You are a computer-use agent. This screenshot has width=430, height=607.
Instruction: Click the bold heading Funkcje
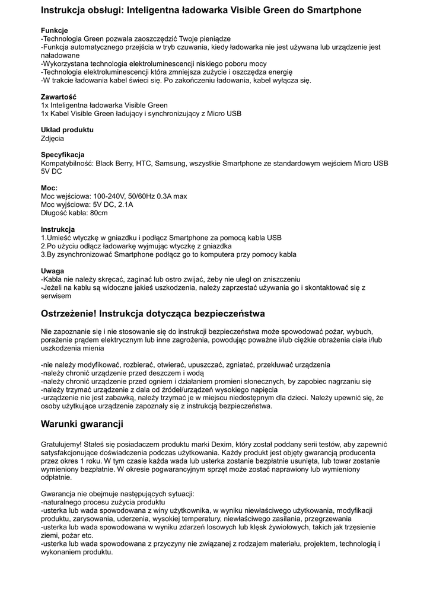tap(54, 30)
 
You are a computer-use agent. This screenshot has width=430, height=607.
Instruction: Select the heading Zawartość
tap(58, 97)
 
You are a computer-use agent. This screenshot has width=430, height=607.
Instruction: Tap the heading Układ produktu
tap(67, 130)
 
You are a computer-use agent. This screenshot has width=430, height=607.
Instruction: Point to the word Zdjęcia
tap(52, 138)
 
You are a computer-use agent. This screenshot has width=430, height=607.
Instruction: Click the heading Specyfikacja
tap(62, 155)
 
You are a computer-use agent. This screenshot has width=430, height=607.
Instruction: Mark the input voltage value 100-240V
tap(109, 196)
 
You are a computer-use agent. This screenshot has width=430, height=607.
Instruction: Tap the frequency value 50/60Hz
tap(145, 196)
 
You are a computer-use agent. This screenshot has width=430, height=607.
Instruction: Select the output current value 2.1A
tap(125, 205)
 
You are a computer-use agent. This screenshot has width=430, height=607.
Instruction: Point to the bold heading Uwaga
tap(52, 271)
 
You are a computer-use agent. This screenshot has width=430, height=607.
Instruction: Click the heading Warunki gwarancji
tap(82, 424)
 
